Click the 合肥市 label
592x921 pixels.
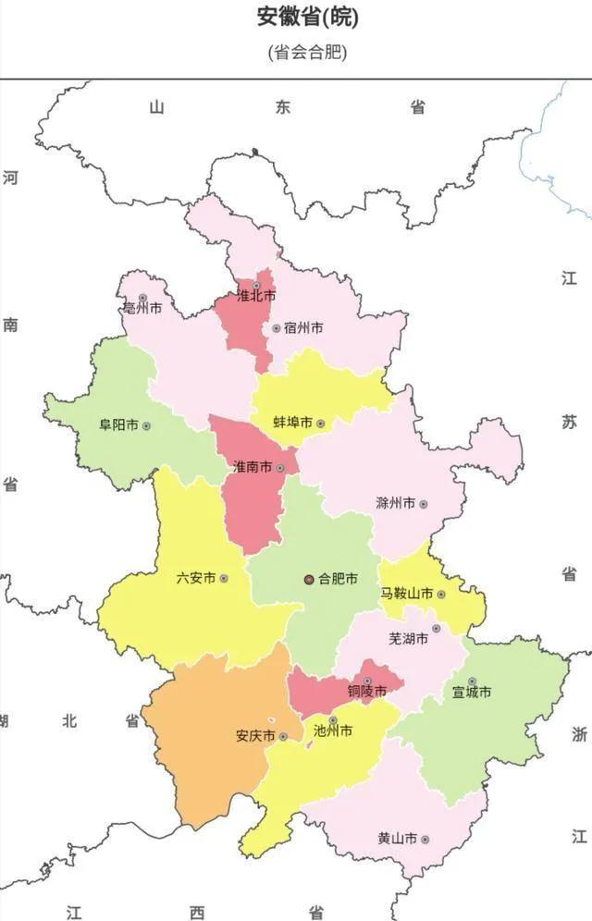[x=338, y=580]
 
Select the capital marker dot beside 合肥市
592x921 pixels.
[x=309, y=580]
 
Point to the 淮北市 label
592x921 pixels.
[x=256, y=297]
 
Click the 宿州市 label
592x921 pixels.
[x=303, y=328]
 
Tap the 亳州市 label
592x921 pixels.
[x=142, y=308]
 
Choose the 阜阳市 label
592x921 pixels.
[x=118, y=425]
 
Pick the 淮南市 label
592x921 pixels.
[x=252, y=468]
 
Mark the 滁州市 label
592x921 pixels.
[x=395, y=504]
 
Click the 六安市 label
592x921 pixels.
[x=195, y=578]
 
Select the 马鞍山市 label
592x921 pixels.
[x=406, y=594]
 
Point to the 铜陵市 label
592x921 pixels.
[x=366, y=691]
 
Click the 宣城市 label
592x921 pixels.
[x=471, y=692]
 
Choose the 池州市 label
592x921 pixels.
[x=333, y=731]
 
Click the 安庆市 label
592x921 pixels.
[x=255, y=737]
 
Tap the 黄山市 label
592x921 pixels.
[x=396, y=839]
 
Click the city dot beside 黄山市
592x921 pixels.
[x=425, y=840]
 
